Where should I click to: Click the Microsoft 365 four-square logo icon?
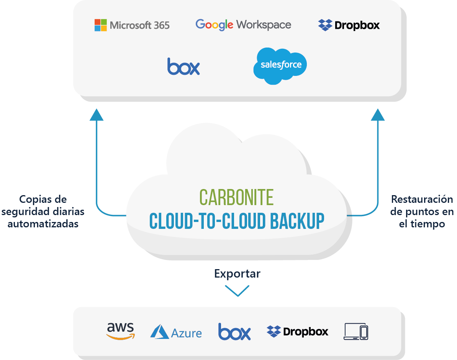(101, 25)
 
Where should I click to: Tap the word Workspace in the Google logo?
(264, 25)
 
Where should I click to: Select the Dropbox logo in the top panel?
(349, 25)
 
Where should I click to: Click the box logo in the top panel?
(183, 66)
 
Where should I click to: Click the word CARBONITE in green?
(236, 197)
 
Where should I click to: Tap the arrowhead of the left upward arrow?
(97, 115)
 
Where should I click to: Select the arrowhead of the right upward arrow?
(378, 115)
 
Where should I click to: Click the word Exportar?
(237, 274)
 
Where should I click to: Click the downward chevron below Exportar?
(237, 291)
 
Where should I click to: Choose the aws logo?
(121, 331)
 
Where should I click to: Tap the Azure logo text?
(186, 333)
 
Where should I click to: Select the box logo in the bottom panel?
(234, 332)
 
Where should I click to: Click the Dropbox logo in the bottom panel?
(297, 331)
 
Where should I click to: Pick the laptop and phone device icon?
(356, 332)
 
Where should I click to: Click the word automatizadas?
(43, 224)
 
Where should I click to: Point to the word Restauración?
(422, 199)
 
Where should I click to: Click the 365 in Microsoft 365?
(161, 25)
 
